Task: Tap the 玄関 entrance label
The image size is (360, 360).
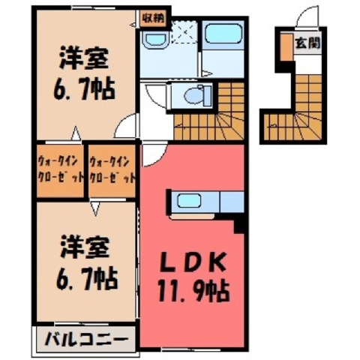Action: (x=307, y=43)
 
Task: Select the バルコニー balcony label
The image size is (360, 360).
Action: (x=86, y=339)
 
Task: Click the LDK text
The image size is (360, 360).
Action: (x=193, y=261)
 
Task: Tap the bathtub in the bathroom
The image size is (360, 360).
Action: (x=222, y=34)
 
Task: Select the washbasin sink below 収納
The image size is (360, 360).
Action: (x=155, y=39)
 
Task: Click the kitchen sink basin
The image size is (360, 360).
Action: (x=189, y=200)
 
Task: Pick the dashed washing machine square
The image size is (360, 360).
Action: (x=184, y=32)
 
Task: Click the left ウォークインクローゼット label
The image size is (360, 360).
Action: (x=60, y=170)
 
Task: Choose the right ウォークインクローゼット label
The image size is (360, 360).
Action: (x=112, y=170)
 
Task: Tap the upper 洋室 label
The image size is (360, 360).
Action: (x=84, y=58)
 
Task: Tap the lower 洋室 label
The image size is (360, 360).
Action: (x=85, y=247)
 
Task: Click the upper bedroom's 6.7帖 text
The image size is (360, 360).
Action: (x=85, y=89)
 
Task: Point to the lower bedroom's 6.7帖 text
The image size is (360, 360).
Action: (x=86, y=278)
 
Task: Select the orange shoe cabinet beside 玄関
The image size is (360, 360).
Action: (x=286, y=47)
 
